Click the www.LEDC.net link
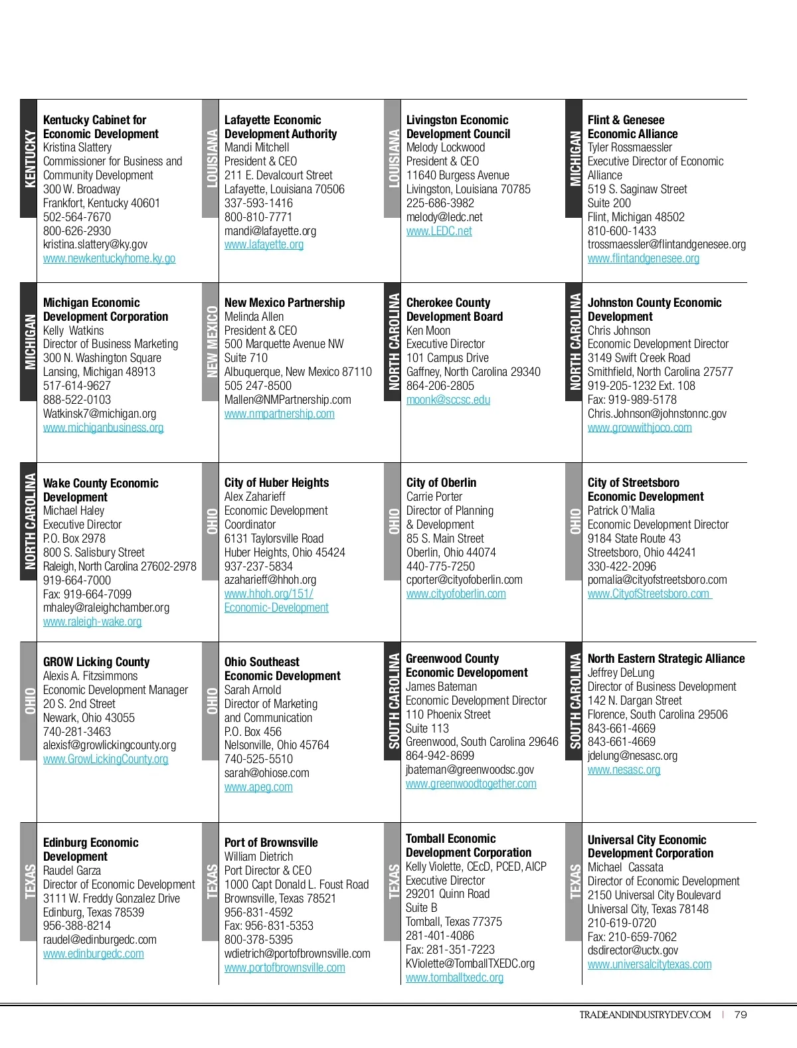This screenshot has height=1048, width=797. pyautogui.click(x=439, y=231)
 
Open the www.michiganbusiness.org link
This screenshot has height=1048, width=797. pyautogui.click(x=103, y=428)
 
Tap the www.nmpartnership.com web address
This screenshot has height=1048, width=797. pyautogui.click(x=279, y=414)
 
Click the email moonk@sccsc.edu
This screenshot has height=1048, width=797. pyautogui.click(x=448, y=400)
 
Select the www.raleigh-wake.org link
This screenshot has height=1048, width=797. pyautogui.click(x=92, y=622)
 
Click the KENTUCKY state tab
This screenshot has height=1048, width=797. pyautogui.click(x=29, y=159)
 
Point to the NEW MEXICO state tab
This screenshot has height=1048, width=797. pyautogui.click(x=211, y=341)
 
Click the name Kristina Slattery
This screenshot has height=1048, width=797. pyautogui.click(x=77, y=147)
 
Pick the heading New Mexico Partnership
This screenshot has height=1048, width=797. pyautogui.click(x=284, y=303)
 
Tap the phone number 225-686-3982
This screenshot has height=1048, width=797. pyautogui.click(x=440, y=203)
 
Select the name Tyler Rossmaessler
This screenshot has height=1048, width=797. pyautogui.click(x=629, y=147)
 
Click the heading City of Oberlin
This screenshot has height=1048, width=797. pyautogui.click(x=441, y=483)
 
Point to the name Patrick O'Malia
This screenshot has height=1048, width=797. pyautogui.click(x=621, y=511)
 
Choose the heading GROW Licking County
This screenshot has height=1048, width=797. pyautogui.click(x=96, y=662)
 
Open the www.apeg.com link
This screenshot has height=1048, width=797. pyautogui.click(x=258, y=787)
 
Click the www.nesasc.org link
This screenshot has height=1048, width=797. pyautogui.click(x=624, y=770)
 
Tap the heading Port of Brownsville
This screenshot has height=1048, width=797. pyautogui.click(x=271, y=843)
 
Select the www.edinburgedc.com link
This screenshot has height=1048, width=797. pyautogui.click(x=93, y=954)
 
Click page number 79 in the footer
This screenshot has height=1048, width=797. pyautogui.click(x=741, y=1015)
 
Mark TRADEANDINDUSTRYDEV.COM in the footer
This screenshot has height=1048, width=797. pyautogui.click(x=644, y=1015)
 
